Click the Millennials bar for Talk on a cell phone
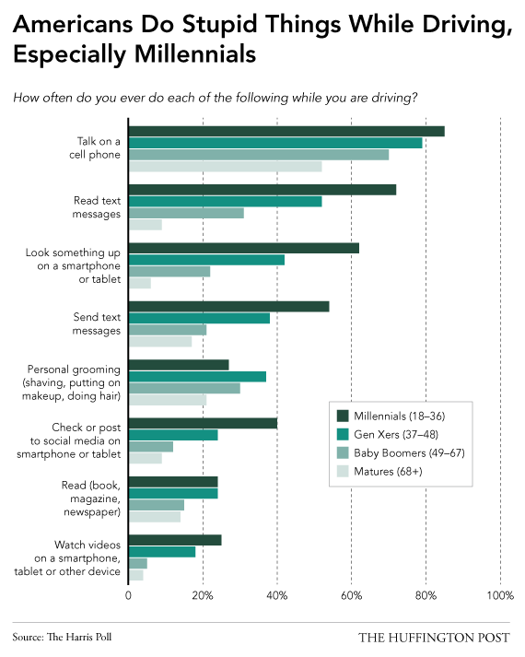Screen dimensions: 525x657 [286, 131]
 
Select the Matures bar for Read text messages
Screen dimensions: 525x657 [146, 225]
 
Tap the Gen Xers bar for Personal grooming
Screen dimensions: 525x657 [198, 377]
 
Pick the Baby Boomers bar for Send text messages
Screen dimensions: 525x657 [168, 330]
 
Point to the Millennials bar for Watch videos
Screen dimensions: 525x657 [175, 540]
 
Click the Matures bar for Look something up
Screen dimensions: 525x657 [140, 283]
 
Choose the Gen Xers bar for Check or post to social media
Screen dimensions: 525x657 [173, 435]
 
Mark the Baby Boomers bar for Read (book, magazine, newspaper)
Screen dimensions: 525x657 [157, 505]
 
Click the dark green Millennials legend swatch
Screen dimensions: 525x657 [343, 416]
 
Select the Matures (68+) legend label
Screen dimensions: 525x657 [388, 472]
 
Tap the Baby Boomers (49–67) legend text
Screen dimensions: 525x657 [410, 453]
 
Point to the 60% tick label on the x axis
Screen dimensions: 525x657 [351, 595]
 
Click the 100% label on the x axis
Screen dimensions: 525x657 [500, 595]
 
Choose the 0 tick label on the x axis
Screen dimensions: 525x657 [128, 595]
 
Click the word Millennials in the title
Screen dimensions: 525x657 [195, 54]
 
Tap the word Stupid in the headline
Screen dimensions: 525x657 [220, 25]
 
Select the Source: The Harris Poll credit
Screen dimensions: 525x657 [62, 638]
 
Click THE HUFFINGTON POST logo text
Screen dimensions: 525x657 [434, 638]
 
